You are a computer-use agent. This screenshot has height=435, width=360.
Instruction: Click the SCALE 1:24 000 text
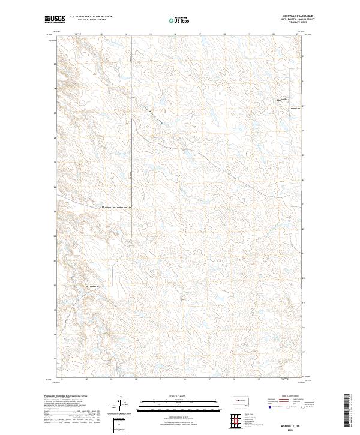point(171,395)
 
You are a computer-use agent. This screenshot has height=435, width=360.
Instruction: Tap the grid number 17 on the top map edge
point(199,34)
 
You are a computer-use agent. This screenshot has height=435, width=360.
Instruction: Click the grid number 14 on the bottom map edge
point(135,379)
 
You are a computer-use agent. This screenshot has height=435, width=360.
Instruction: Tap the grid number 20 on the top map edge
point(274,34)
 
